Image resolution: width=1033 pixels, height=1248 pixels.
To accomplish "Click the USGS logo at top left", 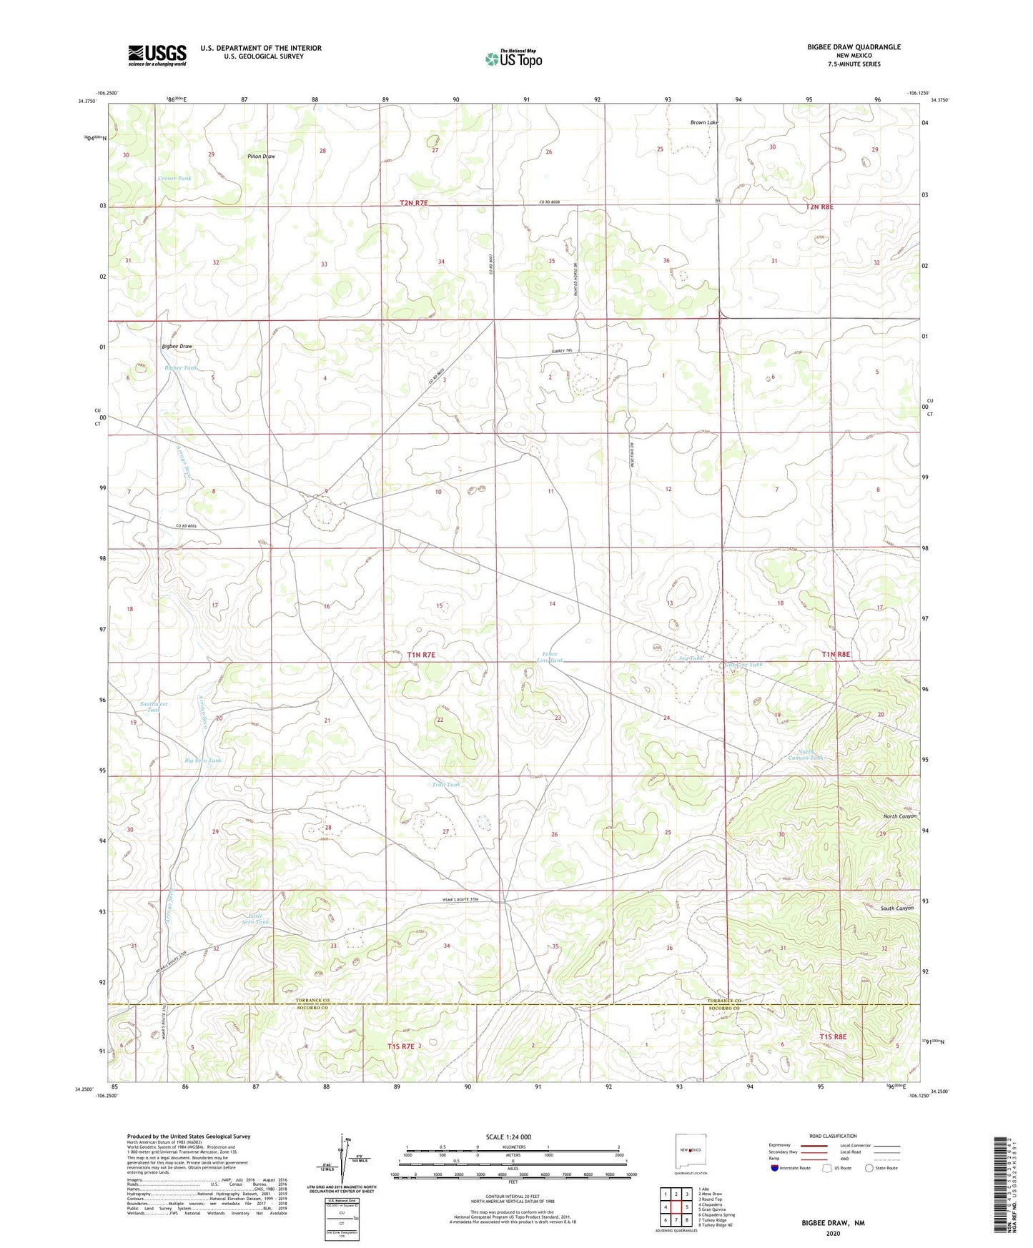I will point(157,55).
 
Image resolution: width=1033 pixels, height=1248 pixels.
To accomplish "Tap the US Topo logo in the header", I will point(513,59).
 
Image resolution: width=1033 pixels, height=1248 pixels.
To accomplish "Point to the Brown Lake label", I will point(703,122).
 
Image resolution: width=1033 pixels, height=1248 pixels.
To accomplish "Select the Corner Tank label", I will point(174,178).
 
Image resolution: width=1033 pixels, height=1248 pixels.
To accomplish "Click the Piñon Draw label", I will point(261,156).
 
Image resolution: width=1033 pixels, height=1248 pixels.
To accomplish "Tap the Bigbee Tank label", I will point(180,367).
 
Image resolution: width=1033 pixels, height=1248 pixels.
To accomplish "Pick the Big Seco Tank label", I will point(203,760).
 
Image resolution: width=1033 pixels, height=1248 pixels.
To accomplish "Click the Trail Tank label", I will point(445,785).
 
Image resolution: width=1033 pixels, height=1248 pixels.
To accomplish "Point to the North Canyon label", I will point(899,816).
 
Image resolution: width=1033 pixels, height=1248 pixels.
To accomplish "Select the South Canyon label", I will point(896,908).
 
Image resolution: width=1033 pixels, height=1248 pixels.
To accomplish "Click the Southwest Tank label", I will point(154,707).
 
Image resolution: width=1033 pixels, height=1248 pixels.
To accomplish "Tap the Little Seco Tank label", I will point(255,918).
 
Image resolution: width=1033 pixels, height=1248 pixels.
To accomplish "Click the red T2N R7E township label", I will point(413,203).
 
